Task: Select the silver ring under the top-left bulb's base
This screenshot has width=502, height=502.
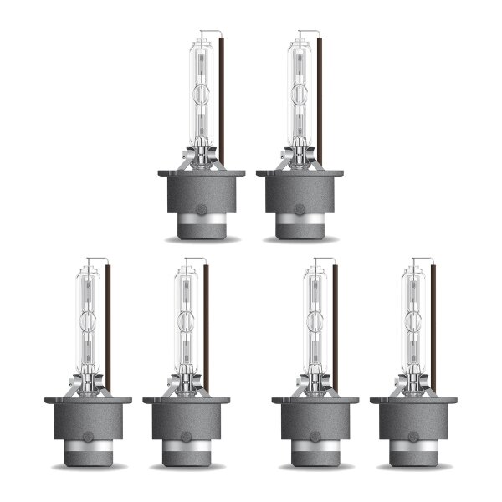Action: click(202, 223)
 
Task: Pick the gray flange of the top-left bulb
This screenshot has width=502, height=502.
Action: click(202, 174)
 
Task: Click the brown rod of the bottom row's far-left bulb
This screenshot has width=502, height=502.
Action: click(107, 326)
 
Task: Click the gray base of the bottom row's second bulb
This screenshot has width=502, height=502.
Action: click(186, 423)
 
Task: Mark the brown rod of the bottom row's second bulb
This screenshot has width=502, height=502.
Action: click(206, 326)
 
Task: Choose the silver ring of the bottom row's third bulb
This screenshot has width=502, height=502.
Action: click(315, 449)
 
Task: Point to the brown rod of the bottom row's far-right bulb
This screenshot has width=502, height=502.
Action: click(433, 326)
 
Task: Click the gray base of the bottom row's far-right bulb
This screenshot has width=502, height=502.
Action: click(413, 423)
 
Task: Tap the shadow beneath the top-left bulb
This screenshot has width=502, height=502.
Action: click(202, 239)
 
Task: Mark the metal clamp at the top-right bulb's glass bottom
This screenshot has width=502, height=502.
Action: click(300, 156)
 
